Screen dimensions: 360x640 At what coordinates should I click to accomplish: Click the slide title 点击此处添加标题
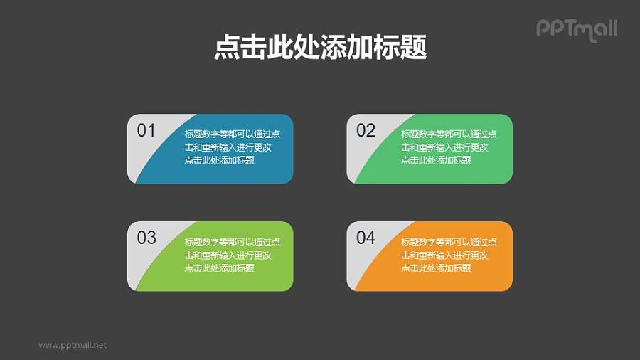[x=320, y=48]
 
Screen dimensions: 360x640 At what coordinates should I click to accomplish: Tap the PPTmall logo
[x=576, y=28]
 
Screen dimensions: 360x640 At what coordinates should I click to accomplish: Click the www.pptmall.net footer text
[x=73, y=345]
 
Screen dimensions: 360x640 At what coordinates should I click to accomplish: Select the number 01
[x=146, y=130]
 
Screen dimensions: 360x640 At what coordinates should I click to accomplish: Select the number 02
[x=366, y=130]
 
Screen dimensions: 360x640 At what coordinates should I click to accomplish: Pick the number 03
[x=146, y=238]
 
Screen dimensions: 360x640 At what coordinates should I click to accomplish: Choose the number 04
[x=366, y=238]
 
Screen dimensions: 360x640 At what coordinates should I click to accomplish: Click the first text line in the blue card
[x=232, y=134]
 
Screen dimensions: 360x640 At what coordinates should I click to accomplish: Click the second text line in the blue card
[x=227, y=147]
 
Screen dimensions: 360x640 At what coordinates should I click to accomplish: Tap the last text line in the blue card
[x=219, y=160]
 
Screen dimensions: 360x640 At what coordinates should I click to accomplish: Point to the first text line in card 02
[x=449, y=134]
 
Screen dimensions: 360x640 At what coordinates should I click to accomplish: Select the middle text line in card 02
[x=444, y=147]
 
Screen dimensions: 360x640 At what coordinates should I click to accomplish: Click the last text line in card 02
[x=436, y=160]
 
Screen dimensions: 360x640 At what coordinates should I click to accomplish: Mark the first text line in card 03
[x=232, y=242]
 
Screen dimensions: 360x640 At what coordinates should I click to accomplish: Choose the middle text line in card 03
[x=227, y=255]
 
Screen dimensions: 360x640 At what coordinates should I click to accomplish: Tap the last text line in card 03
[x=219, y=268]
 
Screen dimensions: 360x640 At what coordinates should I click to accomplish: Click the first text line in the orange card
[x=449, y=242]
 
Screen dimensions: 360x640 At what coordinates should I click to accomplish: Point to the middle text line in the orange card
[x=444, y=255]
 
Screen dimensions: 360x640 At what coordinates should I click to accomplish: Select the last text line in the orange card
[x=436, y=268]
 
